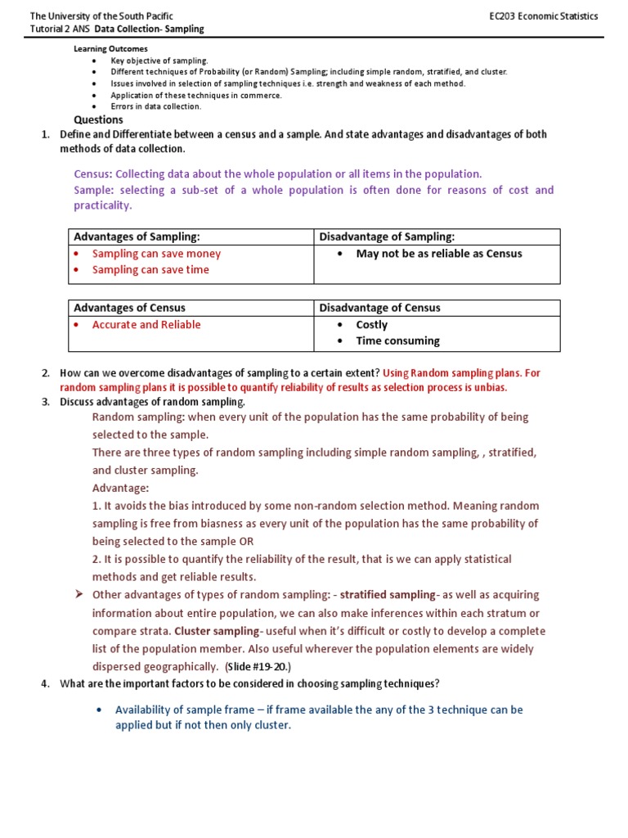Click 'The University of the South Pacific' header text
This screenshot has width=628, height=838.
101,16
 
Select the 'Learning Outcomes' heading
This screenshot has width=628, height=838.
110,49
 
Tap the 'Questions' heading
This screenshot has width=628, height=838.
98,119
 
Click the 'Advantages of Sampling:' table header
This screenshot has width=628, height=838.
137,237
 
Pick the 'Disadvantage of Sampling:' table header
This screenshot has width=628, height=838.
387,237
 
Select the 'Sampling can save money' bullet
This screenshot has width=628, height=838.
156,254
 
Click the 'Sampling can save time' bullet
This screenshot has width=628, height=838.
150,270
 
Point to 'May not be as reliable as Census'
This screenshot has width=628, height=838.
438,254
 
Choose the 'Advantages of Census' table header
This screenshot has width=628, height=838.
129,308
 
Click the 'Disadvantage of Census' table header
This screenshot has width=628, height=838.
379,308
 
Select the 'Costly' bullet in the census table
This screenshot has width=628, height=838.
372,325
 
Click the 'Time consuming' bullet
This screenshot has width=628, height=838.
397,341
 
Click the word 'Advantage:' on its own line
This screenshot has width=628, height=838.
120,488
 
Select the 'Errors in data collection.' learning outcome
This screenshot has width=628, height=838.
155,106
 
